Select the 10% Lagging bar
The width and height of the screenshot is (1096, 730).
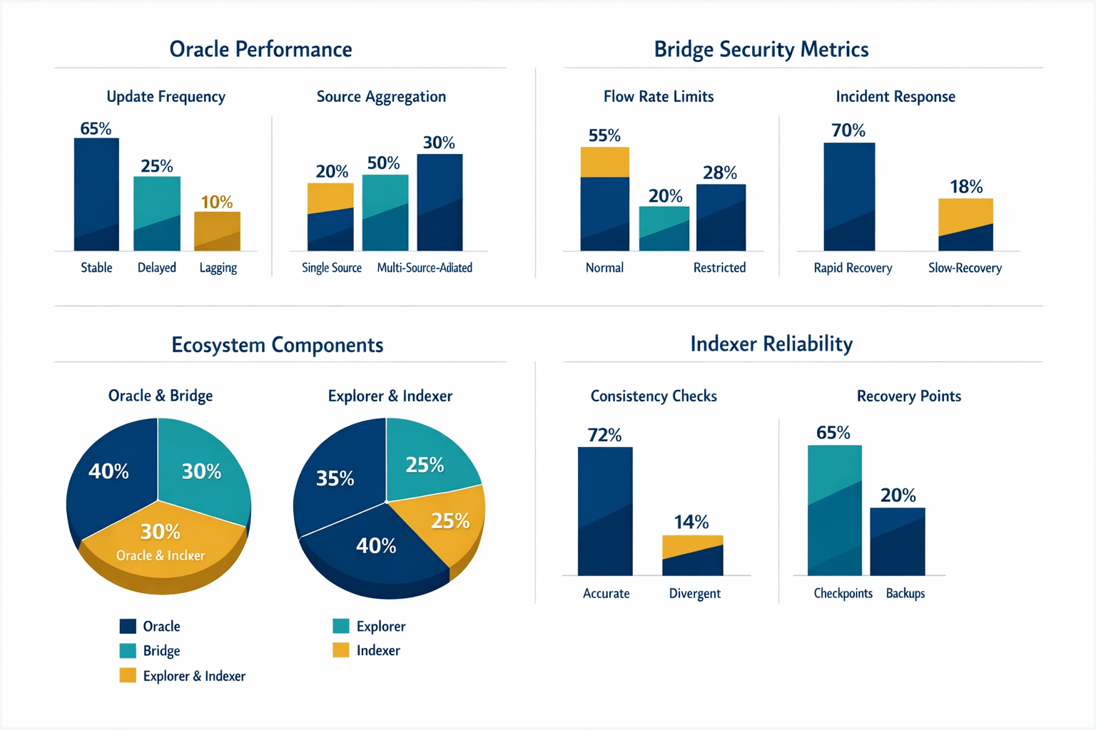217,231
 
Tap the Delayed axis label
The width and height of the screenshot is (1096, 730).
157,267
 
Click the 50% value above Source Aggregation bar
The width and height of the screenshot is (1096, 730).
383,163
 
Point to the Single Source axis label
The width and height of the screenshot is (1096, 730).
331,267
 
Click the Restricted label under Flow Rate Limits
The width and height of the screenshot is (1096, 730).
719,267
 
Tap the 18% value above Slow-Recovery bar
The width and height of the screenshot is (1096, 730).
966,187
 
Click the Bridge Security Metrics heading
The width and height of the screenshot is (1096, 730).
761,49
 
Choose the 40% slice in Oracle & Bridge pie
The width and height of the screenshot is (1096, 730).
111,478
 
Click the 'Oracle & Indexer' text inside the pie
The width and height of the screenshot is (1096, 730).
161,555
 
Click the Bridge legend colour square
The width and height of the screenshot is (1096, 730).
128,650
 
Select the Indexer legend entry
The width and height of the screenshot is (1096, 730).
367,650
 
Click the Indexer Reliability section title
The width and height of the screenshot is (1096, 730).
771,344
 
